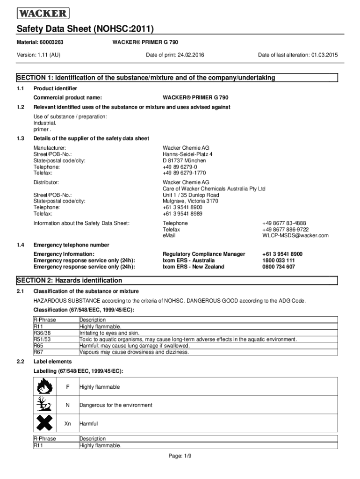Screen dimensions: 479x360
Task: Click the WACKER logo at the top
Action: click(x=43, y=13)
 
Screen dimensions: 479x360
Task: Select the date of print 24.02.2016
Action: click(x=191, y=55)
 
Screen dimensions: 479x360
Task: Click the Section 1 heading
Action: click(x=146, y=78)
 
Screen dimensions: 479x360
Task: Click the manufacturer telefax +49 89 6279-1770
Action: click(x=184, y=173)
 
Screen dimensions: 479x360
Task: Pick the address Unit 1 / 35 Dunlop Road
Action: click(x=191, y=195)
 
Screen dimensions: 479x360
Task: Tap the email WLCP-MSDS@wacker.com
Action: click(x=295, y=235)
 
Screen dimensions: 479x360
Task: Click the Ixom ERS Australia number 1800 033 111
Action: click(x=279, y=261)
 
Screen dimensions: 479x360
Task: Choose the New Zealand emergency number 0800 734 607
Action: click(x=279, y=267)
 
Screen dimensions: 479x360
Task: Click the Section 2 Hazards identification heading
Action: click(x=70, y=281)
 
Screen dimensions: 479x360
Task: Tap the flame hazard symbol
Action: click(x=45, y=387)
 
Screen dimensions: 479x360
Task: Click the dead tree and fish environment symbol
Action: click(x=45, y=405)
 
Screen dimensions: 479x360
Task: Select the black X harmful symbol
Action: click(x=45, y=423)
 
